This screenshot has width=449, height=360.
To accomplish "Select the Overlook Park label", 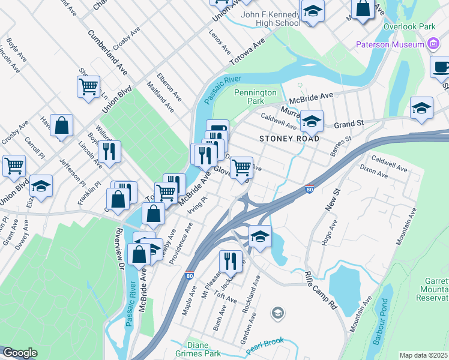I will [x=411, y=27].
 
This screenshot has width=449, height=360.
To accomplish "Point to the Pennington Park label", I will [x=256, y=97].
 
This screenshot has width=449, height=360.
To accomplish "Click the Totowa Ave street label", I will [x=247, y=53].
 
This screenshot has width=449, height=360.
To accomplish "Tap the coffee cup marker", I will [x=440, y=68].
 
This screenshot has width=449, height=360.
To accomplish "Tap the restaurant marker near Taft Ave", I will [x=230, y=261].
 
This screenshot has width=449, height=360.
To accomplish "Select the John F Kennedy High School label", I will [x=270, y=19].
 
